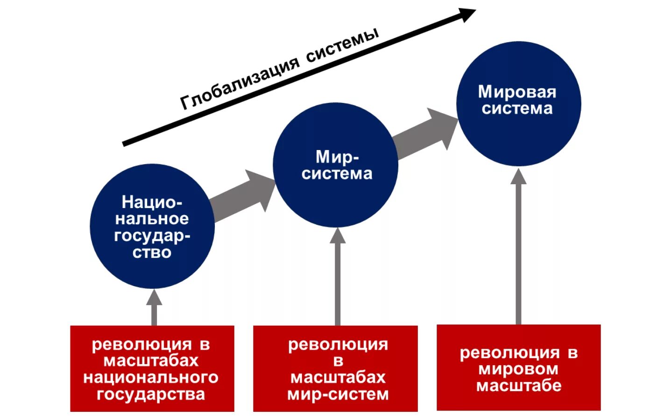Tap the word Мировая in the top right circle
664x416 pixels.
(x=517, y=92)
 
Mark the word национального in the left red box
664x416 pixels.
(x=151, y=377)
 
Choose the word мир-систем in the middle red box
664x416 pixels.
(x=338, y=394)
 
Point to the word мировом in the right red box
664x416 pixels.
(x=518, y=369)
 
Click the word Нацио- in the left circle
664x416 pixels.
(x=152, y=202)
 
